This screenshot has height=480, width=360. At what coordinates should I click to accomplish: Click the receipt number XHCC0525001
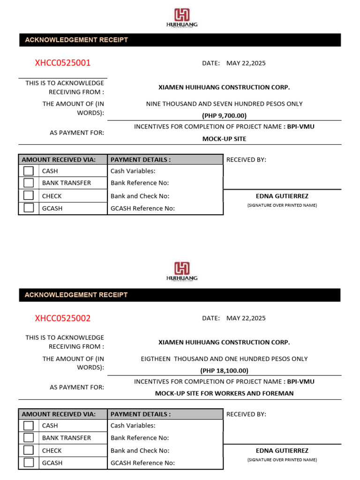63,63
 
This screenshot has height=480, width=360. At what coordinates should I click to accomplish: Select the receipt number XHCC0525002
63,318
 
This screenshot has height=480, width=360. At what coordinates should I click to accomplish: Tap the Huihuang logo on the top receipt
182,18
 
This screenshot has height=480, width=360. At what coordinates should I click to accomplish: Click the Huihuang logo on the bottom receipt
182,271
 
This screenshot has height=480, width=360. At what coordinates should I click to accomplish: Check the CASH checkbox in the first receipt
29,171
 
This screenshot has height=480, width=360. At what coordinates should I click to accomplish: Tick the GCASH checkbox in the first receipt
29,208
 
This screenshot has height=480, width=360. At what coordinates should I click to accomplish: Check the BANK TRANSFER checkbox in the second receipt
29,438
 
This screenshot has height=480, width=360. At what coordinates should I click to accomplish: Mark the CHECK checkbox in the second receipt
29,450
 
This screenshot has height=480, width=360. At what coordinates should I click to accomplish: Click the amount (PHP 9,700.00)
224,116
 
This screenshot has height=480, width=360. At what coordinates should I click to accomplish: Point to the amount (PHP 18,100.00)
224,370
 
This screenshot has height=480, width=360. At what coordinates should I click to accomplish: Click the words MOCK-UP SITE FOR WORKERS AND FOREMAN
224,393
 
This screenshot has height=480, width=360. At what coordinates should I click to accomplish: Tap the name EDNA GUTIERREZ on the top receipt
282,196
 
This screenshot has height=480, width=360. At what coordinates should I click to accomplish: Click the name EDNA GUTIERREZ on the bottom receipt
282,450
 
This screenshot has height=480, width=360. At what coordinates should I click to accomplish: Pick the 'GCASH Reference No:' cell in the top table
142,209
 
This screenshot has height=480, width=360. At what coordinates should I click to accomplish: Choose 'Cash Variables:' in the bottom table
133,426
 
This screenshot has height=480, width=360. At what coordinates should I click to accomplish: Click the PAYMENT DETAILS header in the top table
141,159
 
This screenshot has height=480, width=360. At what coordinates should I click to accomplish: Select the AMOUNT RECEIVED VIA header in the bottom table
59,414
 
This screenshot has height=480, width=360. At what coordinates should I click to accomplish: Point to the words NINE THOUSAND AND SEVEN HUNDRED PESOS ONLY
224,104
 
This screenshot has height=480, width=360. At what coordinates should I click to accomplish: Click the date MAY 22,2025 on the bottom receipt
246,318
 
